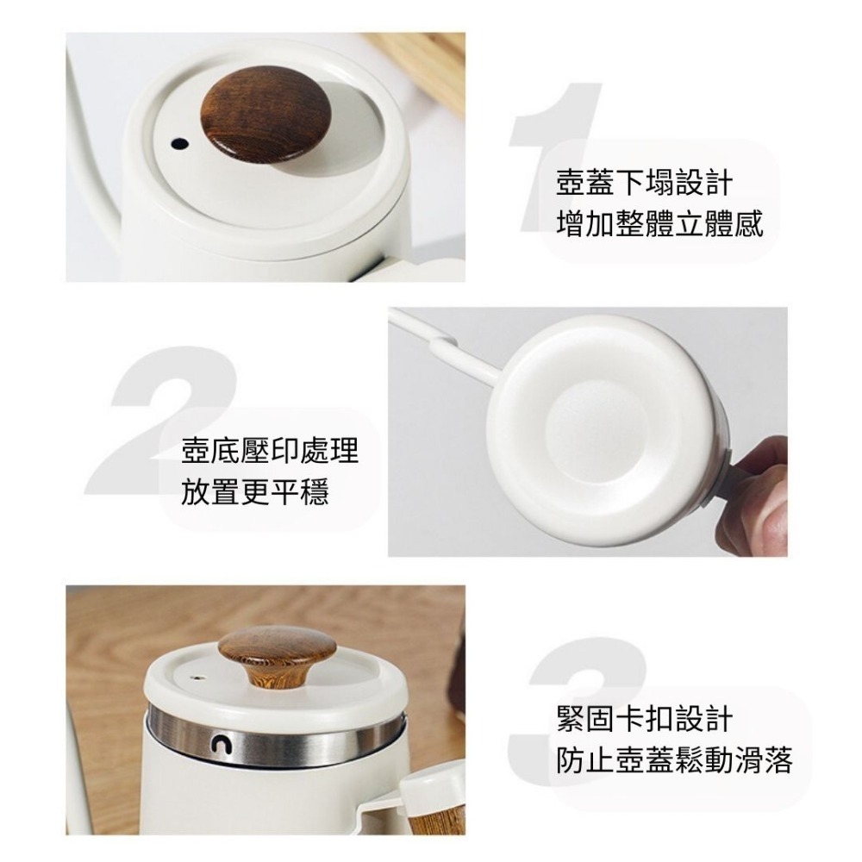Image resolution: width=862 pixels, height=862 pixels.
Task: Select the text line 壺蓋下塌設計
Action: point(645,184)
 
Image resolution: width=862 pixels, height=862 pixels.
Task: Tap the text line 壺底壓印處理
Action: point(270,450)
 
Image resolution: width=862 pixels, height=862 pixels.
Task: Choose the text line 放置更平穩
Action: point(255,492)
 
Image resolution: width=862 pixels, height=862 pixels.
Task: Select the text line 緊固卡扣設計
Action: point(645,719)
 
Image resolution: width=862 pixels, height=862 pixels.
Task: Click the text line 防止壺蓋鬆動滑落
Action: point(675,760)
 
